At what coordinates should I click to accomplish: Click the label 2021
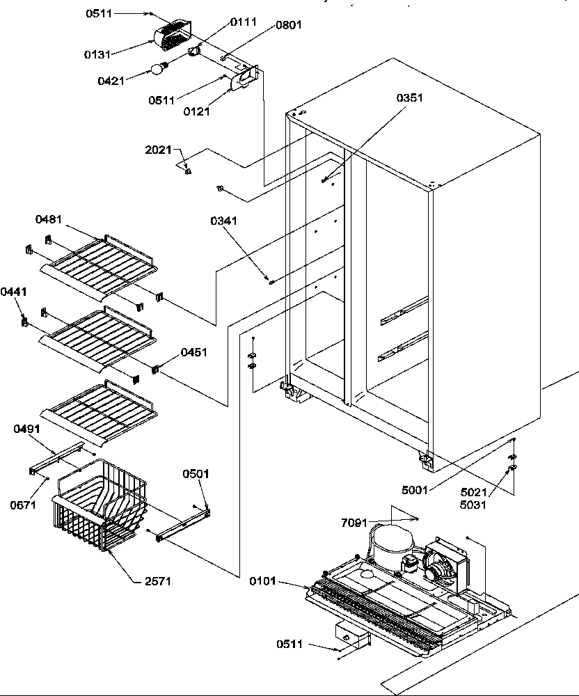pos(159,150)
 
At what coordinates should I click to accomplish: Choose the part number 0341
pos(223,221)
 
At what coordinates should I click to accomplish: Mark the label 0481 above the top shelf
pos(49,219)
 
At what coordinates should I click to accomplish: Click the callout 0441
pos(14,292)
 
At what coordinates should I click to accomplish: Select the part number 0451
pos(194,352)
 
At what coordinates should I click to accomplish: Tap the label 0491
pos(26,429)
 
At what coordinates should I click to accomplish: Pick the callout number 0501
pos(196,474)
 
